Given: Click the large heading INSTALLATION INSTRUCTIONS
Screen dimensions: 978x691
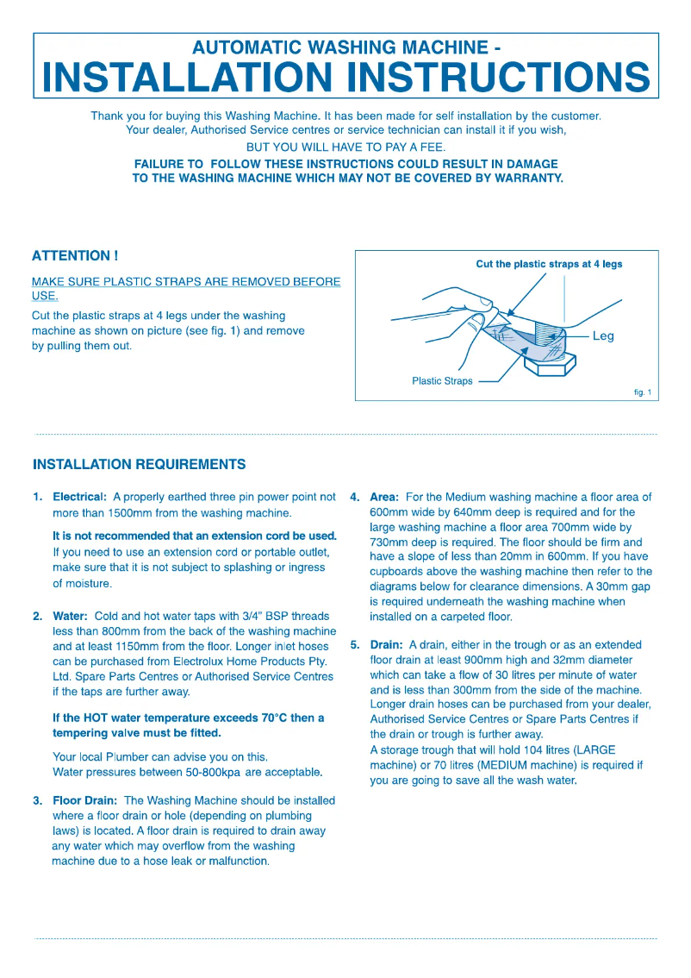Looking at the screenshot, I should (x=345, y=78).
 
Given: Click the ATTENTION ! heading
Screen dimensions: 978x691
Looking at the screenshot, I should (x=74, y=256).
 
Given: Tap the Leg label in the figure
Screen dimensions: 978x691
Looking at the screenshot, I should (x=603, y=336).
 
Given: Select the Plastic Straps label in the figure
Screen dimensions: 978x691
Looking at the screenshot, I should (x=442, y=381).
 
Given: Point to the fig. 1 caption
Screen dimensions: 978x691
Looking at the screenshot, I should (x=642, y=393).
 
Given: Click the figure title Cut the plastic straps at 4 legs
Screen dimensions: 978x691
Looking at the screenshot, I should (x=549, y=264).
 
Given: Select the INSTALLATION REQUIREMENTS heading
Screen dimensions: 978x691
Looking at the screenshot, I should (x=139, y=465).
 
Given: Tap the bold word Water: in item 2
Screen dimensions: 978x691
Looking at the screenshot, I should (x=71, y=617).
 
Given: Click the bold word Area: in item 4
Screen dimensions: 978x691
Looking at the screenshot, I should (x=384, y=498).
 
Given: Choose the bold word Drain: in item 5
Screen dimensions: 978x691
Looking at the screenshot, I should (x=386, y=645).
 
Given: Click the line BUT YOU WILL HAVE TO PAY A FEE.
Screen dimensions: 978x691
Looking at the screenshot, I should (x=345, y=147).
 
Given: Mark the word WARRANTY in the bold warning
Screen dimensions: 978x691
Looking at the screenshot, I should (x=520, y=179).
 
